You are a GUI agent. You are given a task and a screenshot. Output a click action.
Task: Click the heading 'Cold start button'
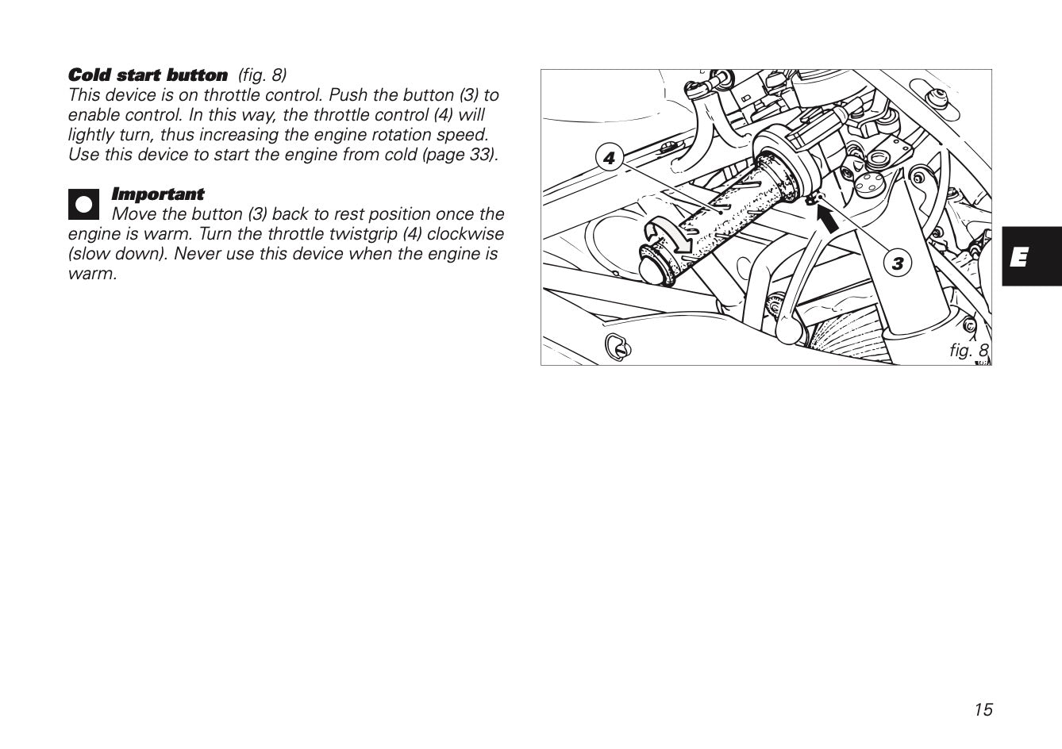[148, 75]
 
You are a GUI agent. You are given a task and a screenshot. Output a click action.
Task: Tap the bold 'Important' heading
[157, 194]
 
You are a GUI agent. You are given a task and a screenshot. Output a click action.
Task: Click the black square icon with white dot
[83, 204]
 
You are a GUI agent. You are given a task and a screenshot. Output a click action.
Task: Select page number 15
[983, 710]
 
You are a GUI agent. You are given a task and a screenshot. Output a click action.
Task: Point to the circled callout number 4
[609, 158]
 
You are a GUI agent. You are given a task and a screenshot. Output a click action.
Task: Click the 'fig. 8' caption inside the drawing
[968, 350]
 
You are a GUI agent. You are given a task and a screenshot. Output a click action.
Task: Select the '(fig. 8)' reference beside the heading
[262, 75]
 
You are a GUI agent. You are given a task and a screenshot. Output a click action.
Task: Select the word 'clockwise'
[465, 234]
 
